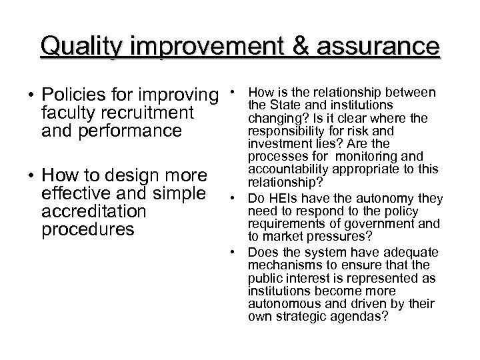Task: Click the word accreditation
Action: (x=93, y=212)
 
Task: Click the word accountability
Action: (x=287, y=169)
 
